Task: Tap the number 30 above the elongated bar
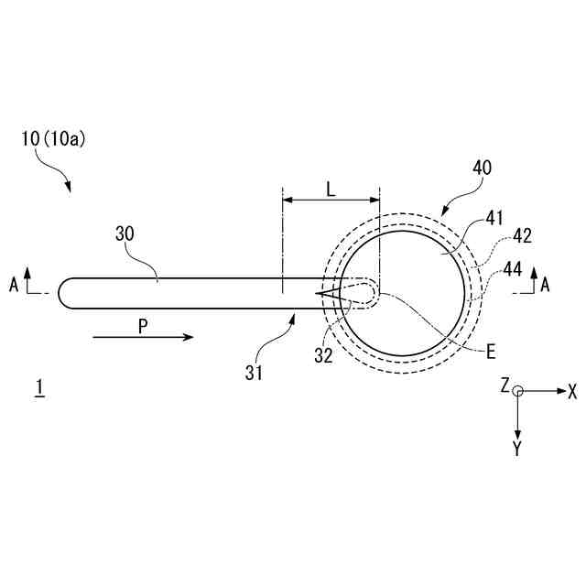[125, 234]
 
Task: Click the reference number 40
[481, 168]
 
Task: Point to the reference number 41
[495, 219]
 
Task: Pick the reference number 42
[523, 235]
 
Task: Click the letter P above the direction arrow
[142, 325]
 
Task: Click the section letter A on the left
[14, 286]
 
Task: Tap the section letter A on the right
[545, 286]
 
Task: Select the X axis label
[572, 392]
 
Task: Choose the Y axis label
[517, 448]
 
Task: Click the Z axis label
[504, 386]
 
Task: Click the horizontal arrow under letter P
[144, 338]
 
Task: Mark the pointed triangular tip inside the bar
[317, 293]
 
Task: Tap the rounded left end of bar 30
[64, 293]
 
